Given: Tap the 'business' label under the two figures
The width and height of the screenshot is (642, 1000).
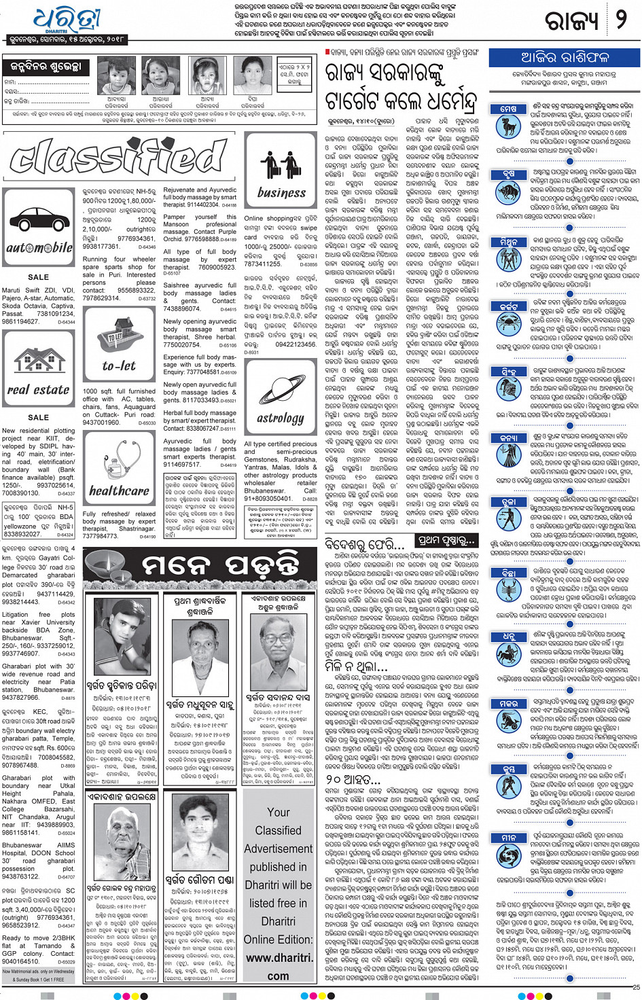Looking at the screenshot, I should pyautogui.click(x=281, y=193).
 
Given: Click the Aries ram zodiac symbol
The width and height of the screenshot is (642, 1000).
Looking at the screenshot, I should pyautogui.click(x=508, y=127).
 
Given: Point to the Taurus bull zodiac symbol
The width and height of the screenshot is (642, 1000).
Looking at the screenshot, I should pyautogui.click(x=508, y=192).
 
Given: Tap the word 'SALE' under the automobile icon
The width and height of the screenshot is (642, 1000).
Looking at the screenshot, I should pyautogui.click(x=39, y=277).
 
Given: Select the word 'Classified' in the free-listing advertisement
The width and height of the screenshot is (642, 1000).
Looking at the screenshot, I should pyautogui.click(x=279, y=830).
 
